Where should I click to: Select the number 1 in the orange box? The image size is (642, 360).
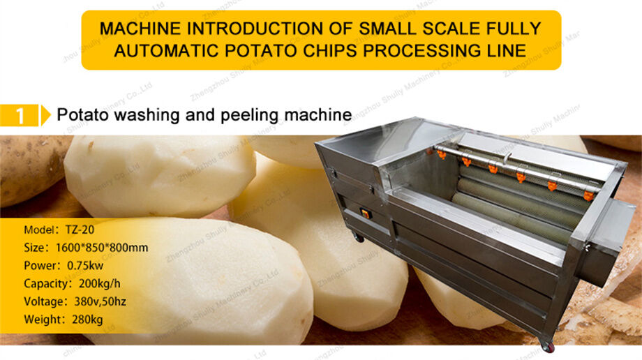20,115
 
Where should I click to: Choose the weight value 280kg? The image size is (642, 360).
87,320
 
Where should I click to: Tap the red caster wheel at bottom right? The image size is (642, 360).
547,345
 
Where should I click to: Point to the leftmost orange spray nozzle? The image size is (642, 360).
441,154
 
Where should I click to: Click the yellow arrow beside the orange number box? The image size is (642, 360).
46,115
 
